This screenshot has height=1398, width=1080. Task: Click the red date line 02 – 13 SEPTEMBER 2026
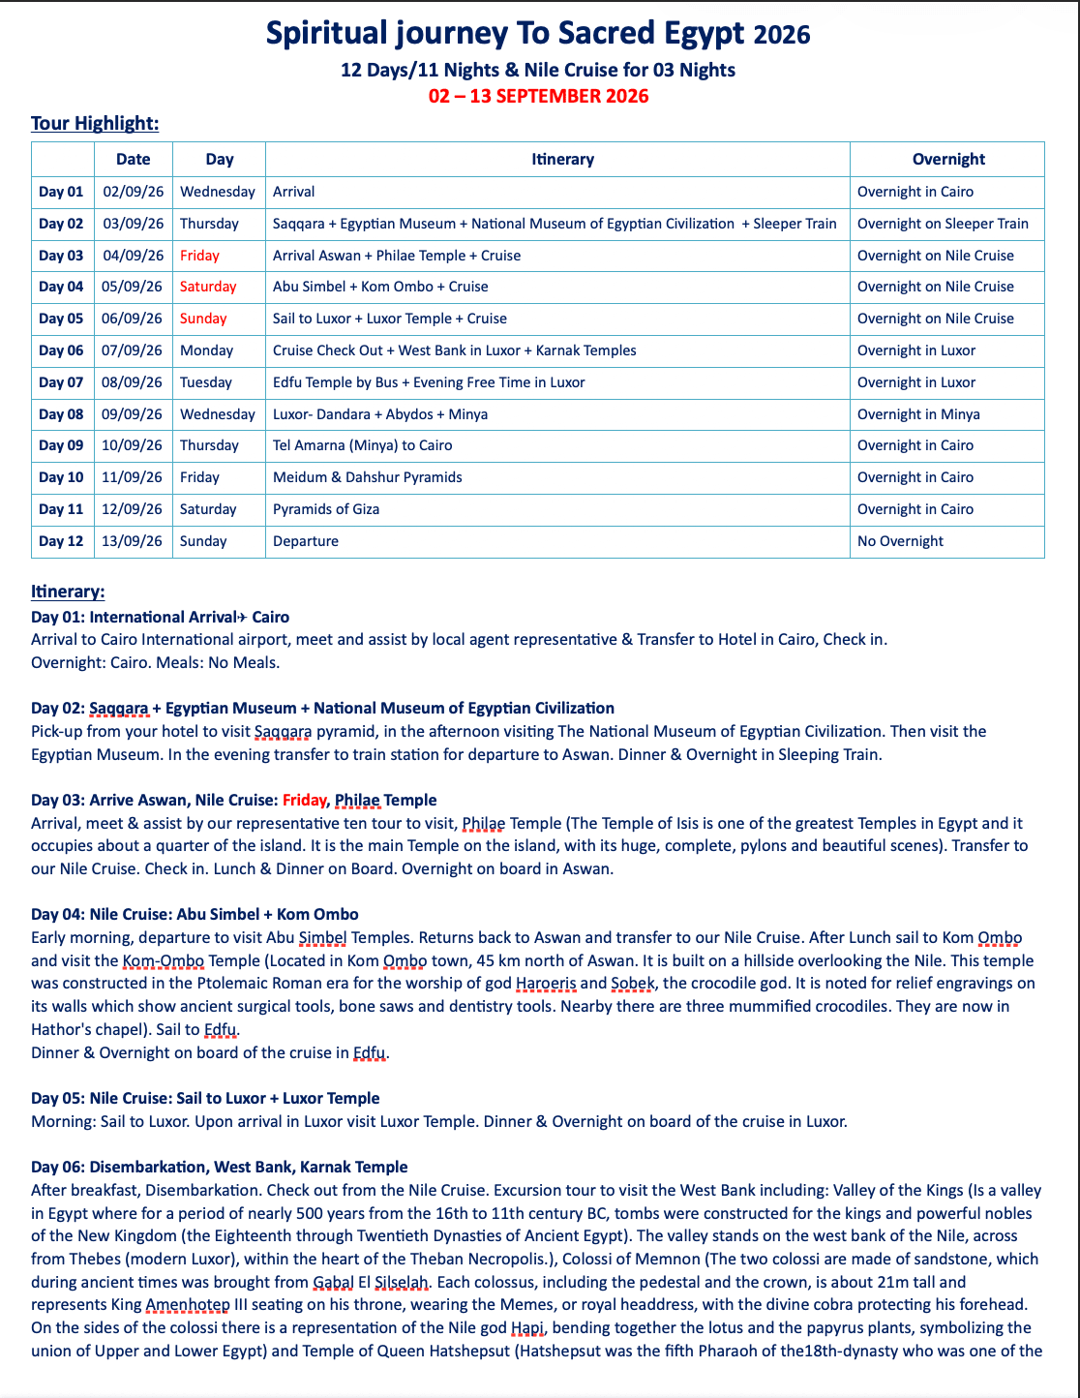click(538, 96)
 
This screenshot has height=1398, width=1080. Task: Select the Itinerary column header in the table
click(562, 159)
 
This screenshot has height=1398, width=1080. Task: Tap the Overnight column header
click(947, 159)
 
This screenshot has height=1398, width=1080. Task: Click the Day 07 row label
click(61, 382)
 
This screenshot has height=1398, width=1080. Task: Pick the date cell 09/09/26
click(133, 414)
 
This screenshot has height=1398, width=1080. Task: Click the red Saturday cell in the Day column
click(208, 287)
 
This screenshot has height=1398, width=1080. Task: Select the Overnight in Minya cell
click(918, 414)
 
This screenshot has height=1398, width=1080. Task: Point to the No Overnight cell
click(900, 541)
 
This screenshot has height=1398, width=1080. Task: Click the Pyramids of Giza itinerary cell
click(326, 509)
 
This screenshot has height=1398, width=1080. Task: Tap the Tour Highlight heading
click(95, 123)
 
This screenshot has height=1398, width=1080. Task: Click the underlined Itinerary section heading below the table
click(68, 592)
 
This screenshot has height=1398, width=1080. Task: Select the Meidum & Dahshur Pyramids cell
click(368, 477)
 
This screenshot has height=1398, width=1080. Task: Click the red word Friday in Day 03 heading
click(305, 800)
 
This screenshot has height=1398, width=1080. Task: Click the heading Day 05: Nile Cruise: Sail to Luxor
click(205, 1098)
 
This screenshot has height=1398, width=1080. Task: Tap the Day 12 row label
click(61, 541)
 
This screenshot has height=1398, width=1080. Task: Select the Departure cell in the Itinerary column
click(306, 541)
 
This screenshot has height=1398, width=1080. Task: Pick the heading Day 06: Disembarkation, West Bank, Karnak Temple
click(220, 1167)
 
